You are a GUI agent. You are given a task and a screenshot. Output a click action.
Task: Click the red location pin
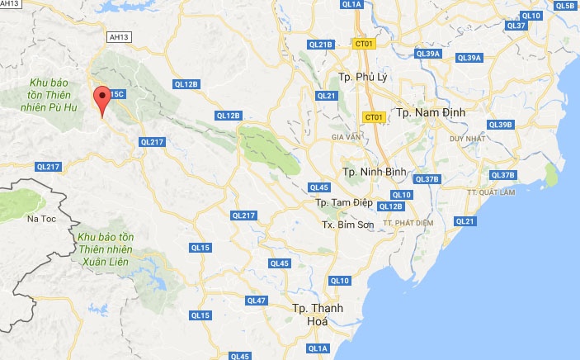click(102, 100)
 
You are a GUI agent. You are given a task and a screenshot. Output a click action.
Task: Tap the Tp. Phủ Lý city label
click(362, 78)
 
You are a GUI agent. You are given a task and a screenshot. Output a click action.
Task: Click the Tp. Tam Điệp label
click(343, 202)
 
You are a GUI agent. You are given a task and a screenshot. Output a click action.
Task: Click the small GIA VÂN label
click(347, 136)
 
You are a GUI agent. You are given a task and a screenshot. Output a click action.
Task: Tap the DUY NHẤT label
click(465, 139)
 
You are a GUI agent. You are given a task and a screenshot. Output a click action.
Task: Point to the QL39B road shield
click(500, 125)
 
